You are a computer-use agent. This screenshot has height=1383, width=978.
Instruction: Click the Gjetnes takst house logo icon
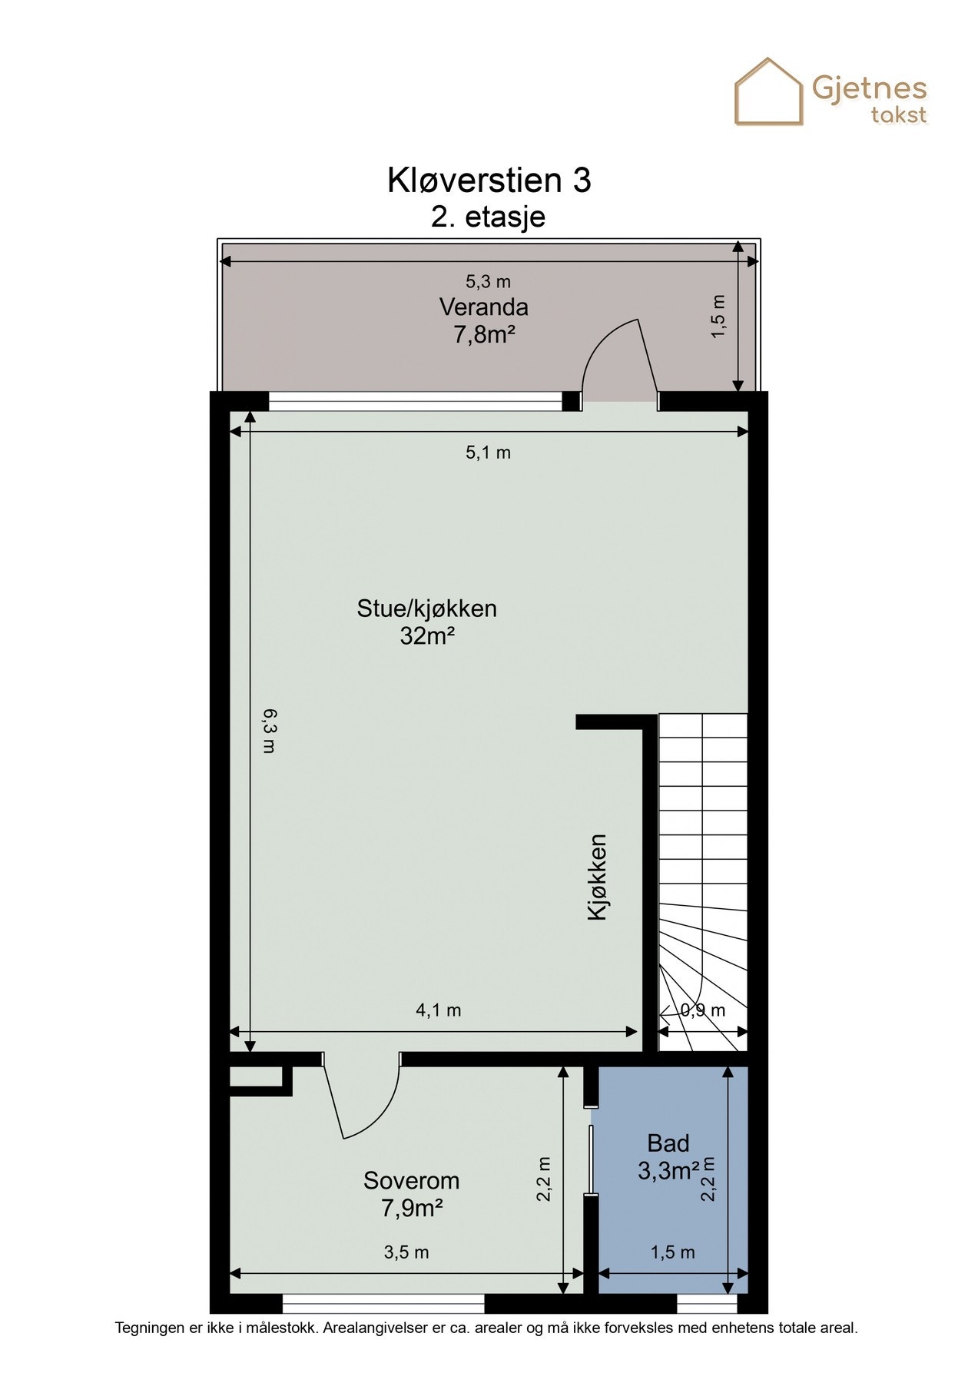click(x=769, y=92)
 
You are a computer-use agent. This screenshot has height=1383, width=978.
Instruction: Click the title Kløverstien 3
click(x=489, y=181)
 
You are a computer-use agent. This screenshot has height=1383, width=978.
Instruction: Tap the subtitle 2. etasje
click(x=489, y=217)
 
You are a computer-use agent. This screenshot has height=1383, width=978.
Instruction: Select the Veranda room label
click(x=483, y=307)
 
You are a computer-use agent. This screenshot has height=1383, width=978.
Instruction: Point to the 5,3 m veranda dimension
click(x=488, y=282)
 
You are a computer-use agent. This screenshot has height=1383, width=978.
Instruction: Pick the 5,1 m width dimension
click(x=488, y=453)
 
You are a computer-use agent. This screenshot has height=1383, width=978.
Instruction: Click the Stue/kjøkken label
click(x=426, y=609)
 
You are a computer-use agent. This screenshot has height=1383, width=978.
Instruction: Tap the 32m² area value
click(x=427, y=636)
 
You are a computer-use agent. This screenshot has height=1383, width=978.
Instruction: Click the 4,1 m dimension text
click(x=438, y=1010)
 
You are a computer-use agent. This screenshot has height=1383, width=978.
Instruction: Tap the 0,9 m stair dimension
click(x=703, y=1010)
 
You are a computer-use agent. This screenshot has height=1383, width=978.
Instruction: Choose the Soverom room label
click(x=411, y=1180)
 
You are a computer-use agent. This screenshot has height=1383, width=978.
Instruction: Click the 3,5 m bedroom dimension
click(x=406, y=1252)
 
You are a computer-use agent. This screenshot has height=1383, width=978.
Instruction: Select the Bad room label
click(x=668, y=1143)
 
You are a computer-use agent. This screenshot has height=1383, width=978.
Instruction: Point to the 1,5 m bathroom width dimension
click(x=672, y=1252)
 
